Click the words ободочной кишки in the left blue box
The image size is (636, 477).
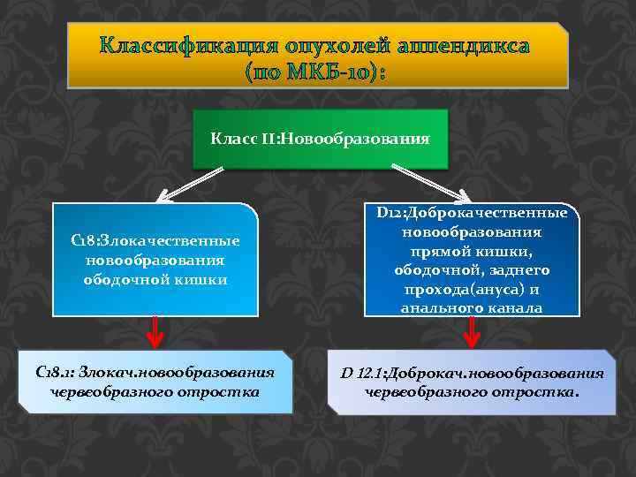[x=155, y=280]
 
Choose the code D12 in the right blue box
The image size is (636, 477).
[x=389, y=213]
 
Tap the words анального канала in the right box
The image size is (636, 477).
[x=472, y=308]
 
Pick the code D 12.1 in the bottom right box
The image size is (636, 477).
[x=363, y=373]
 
